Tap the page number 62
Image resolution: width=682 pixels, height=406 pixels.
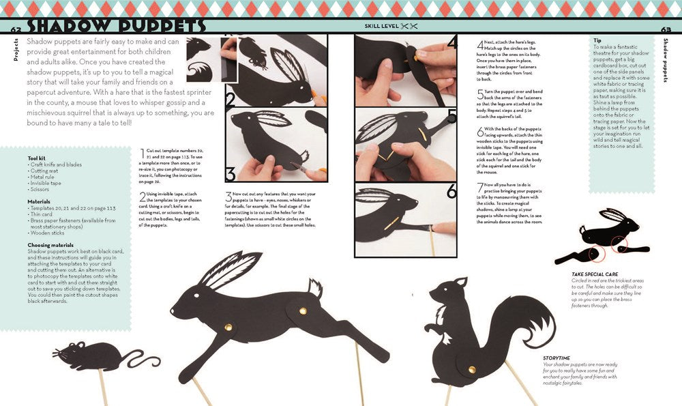coord(17,29)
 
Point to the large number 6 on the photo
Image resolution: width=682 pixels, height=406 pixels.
coord(451,192)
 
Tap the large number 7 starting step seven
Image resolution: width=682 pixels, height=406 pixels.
coord(479,185)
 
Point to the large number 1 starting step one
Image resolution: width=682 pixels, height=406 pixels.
coord(142,151)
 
